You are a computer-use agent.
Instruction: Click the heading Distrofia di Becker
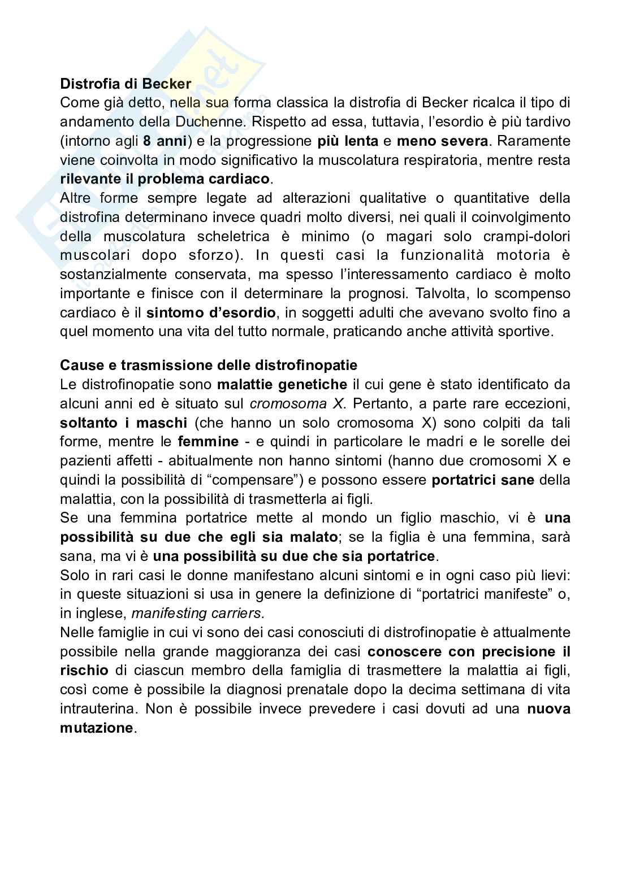point(126,84)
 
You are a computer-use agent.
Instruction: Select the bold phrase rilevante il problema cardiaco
point(165,179)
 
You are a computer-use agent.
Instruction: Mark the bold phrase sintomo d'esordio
point(211,313)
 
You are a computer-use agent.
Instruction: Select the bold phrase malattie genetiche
point(282,385)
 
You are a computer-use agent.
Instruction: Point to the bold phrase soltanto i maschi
point(123,423)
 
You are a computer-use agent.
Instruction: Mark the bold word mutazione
point(96,728)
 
